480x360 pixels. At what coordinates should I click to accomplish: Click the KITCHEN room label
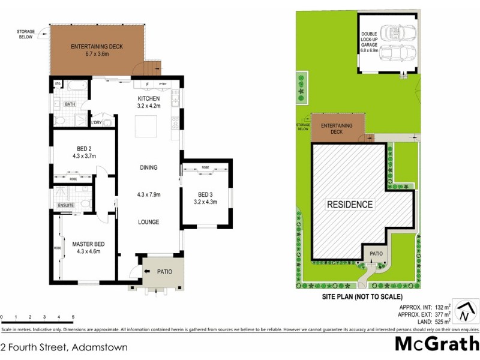(149, 98)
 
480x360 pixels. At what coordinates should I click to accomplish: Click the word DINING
(148, 167)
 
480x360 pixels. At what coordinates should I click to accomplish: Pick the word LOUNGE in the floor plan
(148, 222)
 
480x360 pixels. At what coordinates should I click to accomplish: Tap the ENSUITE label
(65, 206)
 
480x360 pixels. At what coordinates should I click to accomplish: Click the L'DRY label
(96, 124)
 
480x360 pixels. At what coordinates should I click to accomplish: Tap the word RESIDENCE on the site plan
(350, 205)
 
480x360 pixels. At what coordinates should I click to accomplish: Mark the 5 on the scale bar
(73, 316)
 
